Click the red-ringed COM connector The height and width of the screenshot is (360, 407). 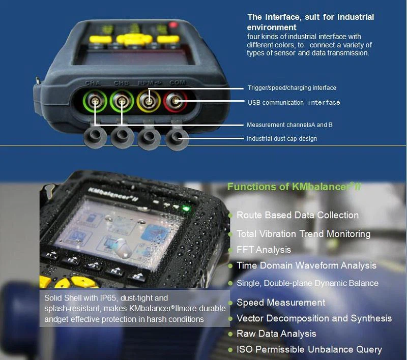tap(175, 101)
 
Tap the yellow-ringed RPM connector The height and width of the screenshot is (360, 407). tap(149, 101)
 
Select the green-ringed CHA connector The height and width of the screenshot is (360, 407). tap(95, 101)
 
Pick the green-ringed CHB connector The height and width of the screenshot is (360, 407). tap(122, 101)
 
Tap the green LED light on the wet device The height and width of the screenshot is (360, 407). tap(185, 208)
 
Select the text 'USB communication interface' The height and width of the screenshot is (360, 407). tap(294, 102)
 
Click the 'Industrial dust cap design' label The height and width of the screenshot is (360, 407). tap(282, 138)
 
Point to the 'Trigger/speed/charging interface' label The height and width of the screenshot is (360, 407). tap(292, 87)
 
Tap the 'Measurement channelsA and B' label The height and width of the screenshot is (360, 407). tap(289, 125)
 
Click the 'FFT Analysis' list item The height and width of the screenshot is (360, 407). tap(264, 250)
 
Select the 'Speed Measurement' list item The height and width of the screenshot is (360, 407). tap(281, 302)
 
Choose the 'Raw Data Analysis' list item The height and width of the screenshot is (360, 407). tap(276, 333)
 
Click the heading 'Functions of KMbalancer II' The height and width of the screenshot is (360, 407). tap(295, 186)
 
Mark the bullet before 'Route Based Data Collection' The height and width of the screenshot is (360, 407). tap(230, 216)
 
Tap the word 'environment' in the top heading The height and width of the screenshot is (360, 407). tap(272, 27)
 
